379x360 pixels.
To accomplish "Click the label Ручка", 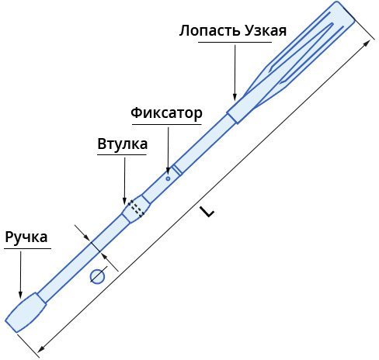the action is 26,237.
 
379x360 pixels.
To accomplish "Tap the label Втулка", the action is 123,144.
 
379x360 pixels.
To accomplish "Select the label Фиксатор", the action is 166,113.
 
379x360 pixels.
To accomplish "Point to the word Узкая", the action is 266,31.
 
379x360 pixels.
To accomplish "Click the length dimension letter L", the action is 207,211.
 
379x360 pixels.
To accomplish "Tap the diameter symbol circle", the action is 97,276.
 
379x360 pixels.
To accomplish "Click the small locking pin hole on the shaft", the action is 168,178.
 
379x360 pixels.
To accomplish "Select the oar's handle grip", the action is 26,313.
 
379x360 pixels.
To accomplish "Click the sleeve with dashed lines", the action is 136,208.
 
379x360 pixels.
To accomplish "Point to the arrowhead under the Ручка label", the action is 20,294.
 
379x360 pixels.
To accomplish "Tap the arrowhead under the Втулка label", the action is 125,201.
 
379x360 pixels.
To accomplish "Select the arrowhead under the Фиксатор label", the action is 168,170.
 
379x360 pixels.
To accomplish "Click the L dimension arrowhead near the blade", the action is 367,43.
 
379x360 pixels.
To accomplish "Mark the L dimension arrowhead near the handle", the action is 41,348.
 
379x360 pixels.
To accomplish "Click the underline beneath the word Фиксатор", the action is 167,125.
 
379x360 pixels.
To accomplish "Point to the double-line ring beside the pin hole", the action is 177,170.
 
